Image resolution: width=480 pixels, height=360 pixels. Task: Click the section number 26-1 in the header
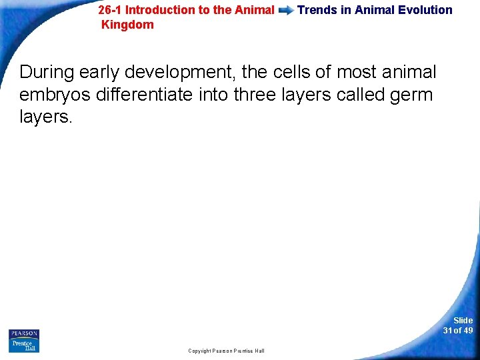[110, 10]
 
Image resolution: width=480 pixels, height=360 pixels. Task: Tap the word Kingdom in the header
[127, 25]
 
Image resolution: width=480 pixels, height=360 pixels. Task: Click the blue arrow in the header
[285, 11]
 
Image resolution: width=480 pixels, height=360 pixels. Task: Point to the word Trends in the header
[317, 10]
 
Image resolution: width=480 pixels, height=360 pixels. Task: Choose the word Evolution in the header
[423, 10]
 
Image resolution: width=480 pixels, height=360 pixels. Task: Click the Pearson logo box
[24, 334]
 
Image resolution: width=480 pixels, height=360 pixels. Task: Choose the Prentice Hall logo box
[24, 346]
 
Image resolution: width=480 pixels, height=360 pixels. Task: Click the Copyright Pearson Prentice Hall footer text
[226, 351]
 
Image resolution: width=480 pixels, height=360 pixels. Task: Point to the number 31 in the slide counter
[447, 331]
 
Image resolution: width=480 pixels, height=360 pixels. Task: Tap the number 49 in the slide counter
[467, 331]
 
